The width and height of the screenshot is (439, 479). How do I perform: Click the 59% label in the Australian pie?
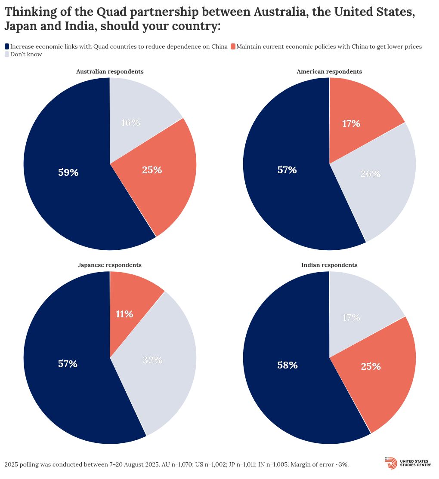tap(68, 173)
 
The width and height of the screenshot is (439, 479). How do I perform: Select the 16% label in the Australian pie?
tap(130, 123)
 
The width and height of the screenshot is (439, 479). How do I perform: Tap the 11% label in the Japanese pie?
tap(124, 314)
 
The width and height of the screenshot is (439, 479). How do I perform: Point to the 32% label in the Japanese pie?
tap(153, 360)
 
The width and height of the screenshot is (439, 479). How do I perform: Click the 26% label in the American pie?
tap(370, 174)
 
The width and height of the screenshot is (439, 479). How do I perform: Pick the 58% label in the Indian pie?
tap(288, 365)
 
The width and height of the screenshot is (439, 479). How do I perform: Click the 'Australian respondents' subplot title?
tap(110, 72)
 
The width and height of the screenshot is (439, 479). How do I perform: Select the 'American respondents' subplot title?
tap(329, 72)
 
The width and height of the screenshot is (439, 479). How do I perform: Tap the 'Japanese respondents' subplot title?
tap(110, 265)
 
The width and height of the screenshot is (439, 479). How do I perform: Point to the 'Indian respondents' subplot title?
tap(329, 265)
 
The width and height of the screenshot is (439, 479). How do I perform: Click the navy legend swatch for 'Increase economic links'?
tap(7, 46)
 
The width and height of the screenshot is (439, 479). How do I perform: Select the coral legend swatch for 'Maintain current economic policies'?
tap(233, 46)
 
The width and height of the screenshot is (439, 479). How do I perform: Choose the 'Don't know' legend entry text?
tap(26, 55)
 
